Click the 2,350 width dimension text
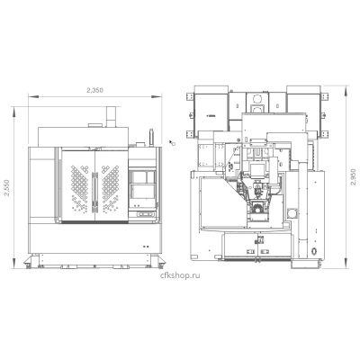pyautogui.click(x=94, y=90)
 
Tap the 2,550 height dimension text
pyautogui.click(x=6, y=188)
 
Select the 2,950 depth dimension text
pyautogui.click(x=353, y=177)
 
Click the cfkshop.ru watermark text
pyautogui.click(x=180, y=275)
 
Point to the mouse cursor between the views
pyautogui.click(x=172, y=142)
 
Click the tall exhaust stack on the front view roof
pyautogui.click(x=111, y=117)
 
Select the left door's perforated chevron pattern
pyautogui.click(x=80, y=187)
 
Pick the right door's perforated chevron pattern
pyautogui.click(x=110, y=187)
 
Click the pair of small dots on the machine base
pyautogui.click(x=146, y=247)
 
